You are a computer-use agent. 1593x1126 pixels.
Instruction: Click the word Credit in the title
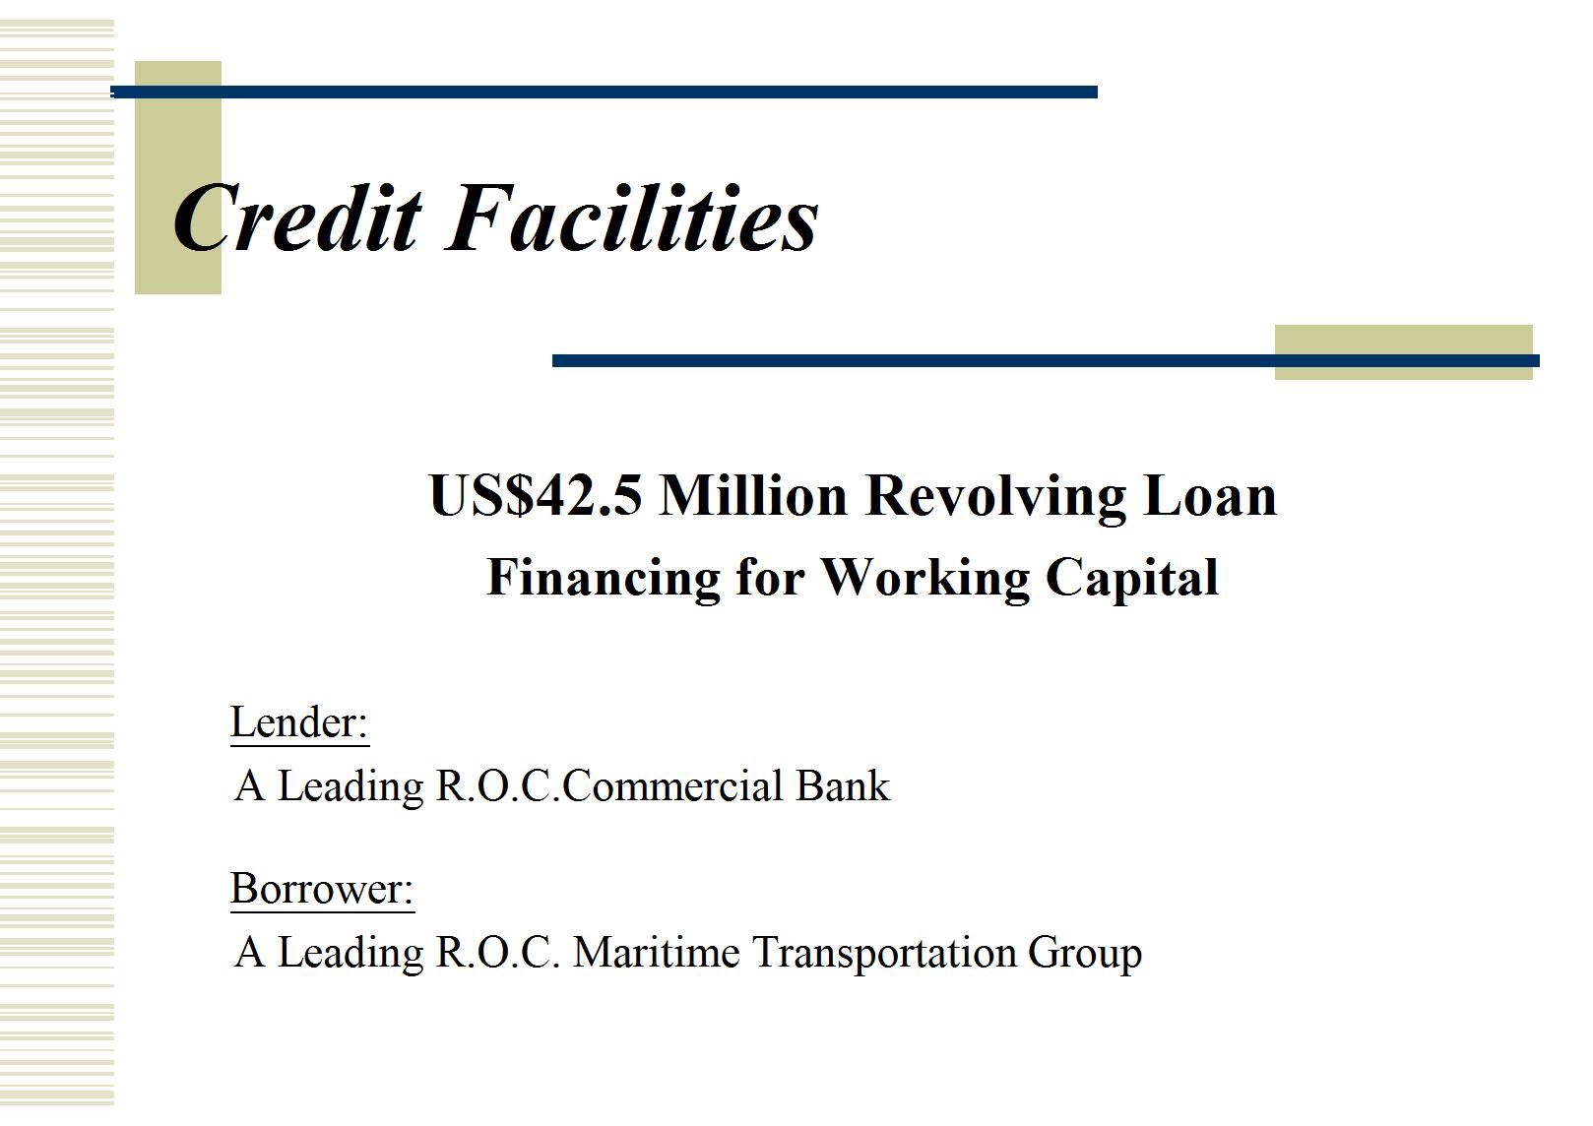point(297,218)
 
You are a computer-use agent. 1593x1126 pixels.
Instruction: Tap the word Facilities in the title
point(632,218)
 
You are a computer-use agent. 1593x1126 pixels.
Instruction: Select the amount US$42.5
point(536,495)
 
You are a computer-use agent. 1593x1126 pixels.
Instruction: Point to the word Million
point(754,495)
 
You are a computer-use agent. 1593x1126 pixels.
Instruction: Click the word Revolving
point(996,498)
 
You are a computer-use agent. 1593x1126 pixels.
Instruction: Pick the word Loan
point(1210,495)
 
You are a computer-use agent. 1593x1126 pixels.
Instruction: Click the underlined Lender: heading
point(299,722)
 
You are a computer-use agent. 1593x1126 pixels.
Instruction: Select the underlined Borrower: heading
point(322,889)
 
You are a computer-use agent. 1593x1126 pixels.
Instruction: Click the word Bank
point(843,786)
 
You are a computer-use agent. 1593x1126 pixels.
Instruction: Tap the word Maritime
point(657,952)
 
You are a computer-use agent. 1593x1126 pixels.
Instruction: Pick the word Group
point(1085,954)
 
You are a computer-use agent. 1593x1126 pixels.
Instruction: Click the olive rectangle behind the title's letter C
point(178,178)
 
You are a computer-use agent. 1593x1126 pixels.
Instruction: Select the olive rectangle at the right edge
point(1403,352)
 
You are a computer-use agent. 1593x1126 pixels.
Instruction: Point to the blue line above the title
point(604,92)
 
